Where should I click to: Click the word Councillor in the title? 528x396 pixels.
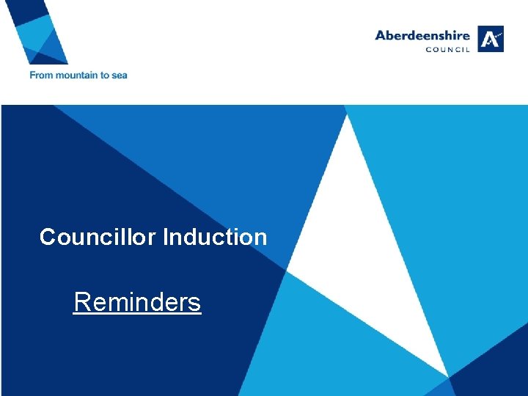coord(98,237)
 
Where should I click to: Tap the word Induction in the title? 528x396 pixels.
coord(215,237)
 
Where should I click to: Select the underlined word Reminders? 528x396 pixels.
coord(137,301)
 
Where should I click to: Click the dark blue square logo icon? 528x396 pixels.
coord(491,39)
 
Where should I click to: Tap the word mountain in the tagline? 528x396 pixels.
coord(74,75)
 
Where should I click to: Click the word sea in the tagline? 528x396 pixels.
coord(120,75)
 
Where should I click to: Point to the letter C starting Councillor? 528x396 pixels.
coord(48,237)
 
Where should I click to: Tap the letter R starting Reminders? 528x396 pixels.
coord(81,301)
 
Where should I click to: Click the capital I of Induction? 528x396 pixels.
coord(166,237)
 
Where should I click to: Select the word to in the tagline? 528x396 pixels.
coord(105,75)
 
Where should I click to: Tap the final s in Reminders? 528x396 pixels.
coord(194,302)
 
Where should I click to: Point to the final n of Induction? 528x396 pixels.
coord(260,238)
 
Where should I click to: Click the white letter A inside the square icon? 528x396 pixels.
coord(491,38)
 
